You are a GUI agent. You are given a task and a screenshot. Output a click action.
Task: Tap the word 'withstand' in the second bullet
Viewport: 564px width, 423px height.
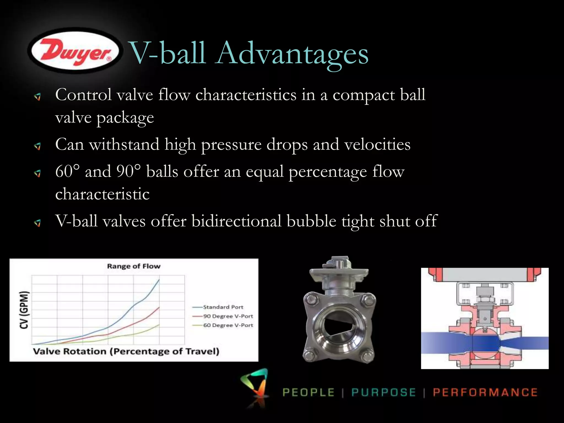pos(124,144)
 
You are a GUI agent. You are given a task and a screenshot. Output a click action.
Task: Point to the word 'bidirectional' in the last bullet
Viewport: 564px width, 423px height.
pos(237,221)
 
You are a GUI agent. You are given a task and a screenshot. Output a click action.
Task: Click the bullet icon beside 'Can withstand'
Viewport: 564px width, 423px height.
pos(38,146)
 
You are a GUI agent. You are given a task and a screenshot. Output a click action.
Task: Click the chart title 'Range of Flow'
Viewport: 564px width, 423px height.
pos(134,266)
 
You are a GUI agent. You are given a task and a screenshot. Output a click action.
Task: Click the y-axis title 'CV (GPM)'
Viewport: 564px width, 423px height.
pos(24,310)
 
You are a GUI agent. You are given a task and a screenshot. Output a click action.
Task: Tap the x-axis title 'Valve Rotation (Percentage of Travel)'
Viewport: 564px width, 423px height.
pos(126,351)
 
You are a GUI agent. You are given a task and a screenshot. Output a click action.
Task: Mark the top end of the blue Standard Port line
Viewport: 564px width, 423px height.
pos(159,279)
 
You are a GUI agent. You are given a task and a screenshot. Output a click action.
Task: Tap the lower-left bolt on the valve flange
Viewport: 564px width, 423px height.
pos(310,355)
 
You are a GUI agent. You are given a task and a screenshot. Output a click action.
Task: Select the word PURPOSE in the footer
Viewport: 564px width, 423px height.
pos(383,392)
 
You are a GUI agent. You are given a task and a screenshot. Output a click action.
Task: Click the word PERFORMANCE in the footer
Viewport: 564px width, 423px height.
pos(485,392)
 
